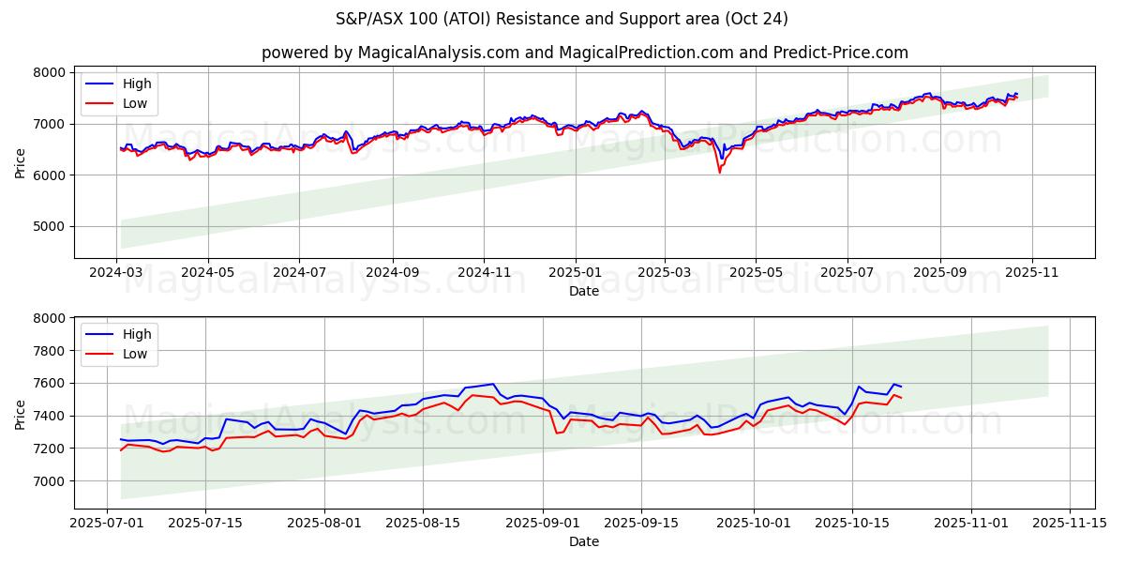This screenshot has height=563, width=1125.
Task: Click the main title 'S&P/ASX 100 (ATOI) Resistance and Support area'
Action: [x=562, y=19]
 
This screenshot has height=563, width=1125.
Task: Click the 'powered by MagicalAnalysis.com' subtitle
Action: [x=584, y=53]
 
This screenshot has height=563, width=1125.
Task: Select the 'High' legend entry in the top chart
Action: [x=137, y=84]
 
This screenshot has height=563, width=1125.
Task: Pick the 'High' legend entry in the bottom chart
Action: [x=137, y=333]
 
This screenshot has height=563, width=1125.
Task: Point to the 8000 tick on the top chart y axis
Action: [x=50, y=72]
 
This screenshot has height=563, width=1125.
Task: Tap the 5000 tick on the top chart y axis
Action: [x=50, y=226]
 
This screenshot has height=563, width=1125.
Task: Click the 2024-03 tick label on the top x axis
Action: [x=116, y=273]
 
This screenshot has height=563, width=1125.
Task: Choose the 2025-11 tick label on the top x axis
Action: [x=1031, y=273]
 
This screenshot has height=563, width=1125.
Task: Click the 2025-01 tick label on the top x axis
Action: [x=575, y=273]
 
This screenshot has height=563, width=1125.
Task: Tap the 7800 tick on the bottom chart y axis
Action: [x=50, y=351]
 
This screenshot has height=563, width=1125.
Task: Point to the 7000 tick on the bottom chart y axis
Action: [x=50, y=481]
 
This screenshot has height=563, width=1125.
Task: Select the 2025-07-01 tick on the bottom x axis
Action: [x=107, y=523]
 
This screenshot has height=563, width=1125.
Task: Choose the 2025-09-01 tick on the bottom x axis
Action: [x=544, y=523]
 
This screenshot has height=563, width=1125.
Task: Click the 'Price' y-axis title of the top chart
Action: [x=21, y=162]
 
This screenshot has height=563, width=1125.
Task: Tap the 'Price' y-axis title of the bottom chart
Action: [x=21, y=414]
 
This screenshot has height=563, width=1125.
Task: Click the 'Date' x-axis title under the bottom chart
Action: [x=584, y=541]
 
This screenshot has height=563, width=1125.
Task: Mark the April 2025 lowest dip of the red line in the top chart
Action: [x=719, y=172]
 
